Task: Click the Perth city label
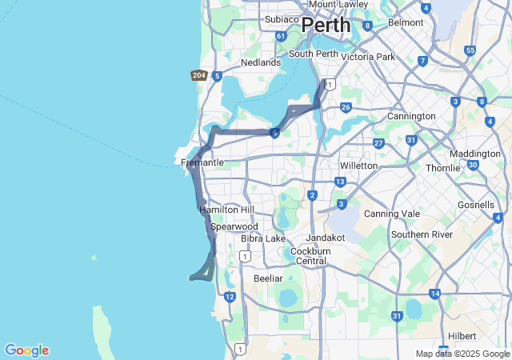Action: click(x=326, y=25)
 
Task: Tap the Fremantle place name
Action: click(x=202, y=162)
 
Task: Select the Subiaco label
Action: click(x=281, y=19)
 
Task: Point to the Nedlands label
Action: click(x=261, y=62)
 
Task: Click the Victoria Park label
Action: click(x=368, y=57)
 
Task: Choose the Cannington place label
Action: click(x=408, y=116)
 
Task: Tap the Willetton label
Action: click(x=358, y=166)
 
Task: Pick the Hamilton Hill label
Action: click(x=226, y=210)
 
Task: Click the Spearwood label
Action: click(x=234, y=227)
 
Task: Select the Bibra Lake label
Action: click(x=263, y=238)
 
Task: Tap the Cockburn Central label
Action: click(x=307, y=256)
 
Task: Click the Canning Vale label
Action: click(x=391, y=214)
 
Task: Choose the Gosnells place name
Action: click(x=476, y=205)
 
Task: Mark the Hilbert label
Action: click(x=462, y=336)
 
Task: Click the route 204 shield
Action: click(x=199, y=75)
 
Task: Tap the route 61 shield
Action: click(x=280, y=36)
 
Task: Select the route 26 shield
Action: click(x=346, y=107)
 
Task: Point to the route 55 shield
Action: click(x=470, y=50)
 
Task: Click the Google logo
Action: click(x=26, y=350)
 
